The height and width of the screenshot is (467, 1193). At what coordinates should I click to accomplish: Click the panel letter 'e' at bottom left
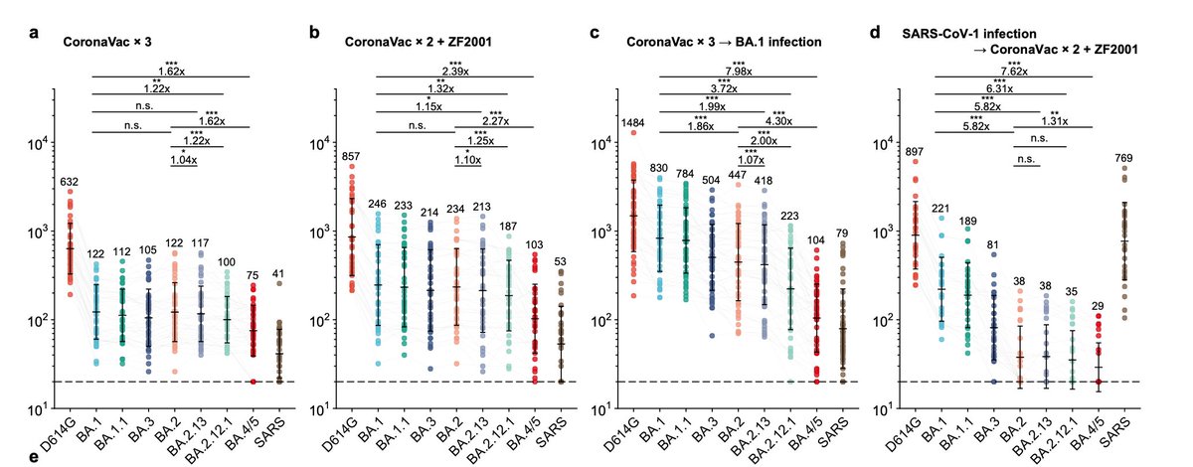click(35, 457)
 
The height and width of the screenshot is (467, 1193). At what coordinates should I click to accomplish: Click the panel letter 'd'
click(874, 33)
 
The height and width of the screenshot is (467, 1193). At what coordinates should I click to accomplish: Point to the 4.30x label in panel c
click(778, 121)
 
